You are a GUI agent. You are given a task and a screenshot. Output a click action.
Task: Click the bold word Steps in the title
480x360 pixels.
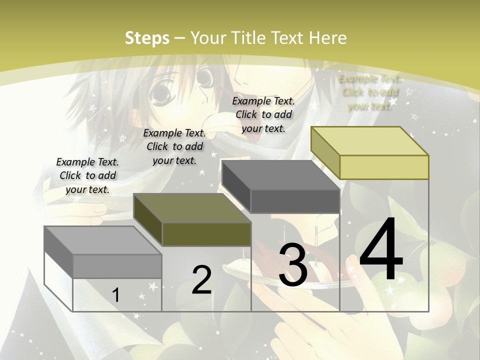(147, 38)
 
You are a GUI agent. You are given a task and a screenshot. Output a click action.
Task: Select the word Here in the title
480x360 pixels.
(327, 38)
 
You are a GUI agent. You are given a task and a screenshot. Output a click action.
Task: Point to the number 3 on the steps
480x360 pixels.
(293, 265)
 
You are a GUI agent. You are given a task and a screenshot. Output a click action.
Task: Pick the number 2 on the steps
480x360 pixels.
(201, 280)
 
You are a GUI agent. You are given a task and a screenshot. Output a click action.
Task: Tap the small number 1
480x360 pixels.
(116, 295)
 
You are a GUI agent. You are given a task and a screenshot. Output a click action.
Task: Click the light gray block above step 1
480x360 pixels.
(117, 266)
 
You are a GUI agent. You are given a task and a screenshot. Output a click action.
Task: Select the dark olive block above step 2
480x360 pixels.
(206, 234)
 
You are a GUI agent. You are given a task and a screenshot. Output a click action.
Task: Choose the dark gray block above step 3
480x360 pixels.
(294, 201)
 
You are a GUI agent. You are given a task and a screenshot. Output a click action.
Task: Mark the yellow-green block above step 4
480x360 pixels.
(384, 167)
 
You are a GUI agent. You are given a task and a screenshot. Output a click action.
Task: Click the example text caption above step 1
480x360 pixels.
(87, 175)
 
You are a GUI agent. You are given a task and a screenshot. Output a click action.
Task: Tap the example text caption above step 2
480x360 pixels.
(174, 146)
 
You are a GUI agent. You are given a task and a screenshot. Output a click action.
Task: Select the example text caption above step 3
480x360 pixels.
(263, 114)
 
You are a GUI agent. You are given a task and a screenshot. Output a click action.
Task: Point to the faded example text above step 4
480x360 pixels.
(369, 92)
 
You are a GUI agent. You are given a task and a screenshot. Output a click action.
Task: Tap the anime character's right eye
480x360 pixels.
(204, 78)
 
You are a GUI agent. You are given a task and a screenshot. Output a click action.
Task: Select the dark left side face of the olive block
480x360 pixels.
(148, 220)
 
